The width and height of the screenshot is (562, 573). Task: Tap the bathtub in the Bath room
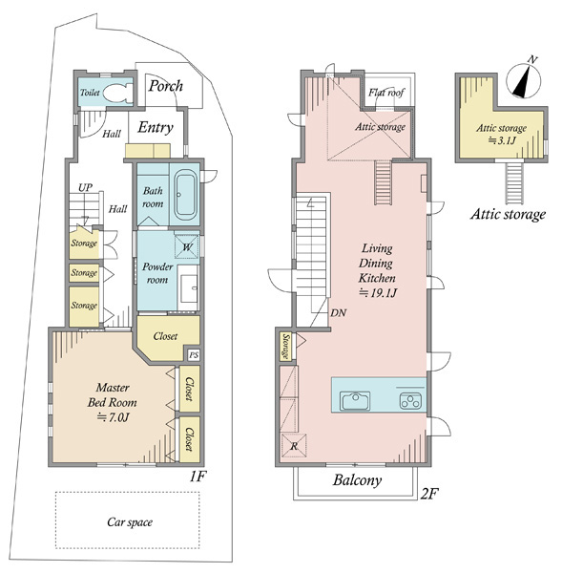185,196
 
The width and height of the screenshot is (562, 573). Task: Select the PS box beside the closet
194,355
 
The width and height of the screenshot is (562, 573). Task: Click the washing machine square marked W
187,246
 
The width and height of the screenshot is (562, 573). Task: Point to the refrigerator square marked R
294,446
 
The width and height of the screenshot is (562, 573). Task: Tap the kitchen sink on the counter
355,400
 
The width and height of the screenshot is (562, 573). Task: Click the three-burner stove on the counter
410,400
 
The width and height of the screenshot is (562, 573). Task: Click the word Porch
165,86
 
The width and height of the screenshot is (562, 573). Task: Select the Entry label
156,128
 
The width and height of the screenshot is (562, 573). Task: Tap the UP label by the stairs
86,188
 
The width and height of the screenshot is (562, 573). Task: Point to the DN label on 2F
339,313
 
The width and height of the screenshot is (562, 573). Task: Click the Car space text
130,522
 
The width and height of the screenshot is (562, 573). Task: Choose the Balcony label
357,480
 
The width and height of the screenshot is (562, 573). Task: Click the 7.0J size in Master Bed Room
114,417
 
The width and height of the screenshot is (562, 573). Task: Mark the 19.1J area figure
378,293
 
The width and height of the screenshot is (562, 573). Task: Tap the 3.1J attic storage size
502,140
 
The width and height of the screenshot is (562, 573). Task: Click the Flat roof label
386,93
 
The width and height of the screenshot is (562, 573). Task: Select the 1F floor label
198,477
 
